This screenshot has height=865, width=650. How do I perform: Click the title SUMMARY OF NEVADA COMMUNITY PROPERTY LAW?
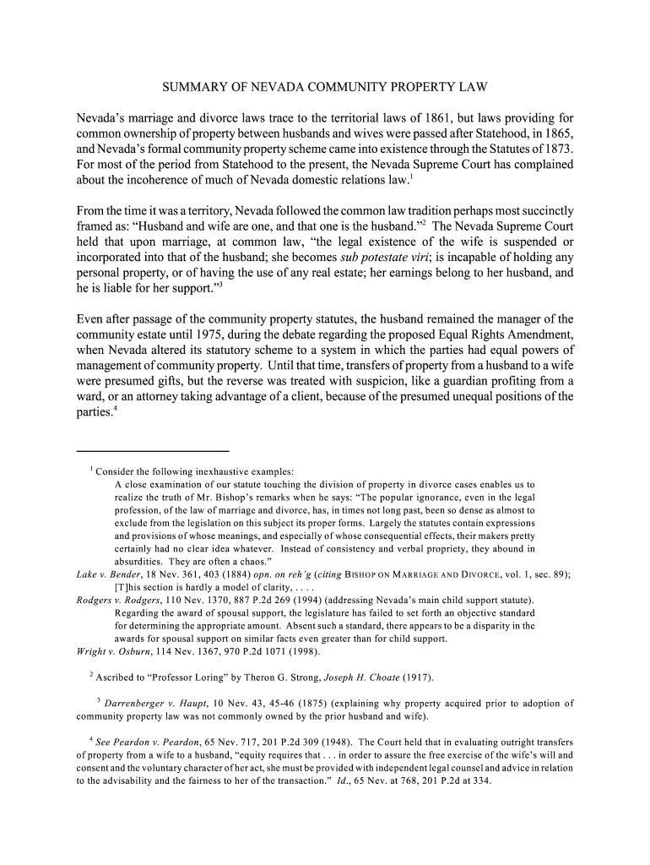click(x=325, y=87)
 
